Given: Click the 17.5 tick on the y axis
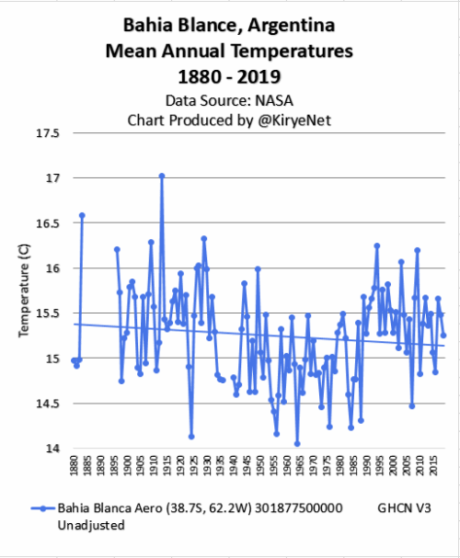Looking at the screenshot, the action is click(x=47, y=133).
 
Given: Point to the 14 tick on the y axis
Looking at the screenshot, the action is click(x=52, y=449).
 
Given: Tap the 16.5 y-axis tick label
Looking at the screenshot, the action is click(x=47, y=223).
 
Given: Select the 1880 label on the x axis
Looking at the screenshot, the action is click(x=74, y=465).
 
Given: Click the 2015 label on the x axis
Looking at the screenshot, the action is click(x=433, y=465).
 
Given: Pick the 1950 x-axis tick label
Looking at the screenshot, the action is click(x=260, y=465).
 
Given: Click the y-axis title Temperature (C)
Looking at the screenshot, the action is click(x=24, y=290).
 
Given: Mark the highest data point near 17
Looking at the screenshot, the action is click(x=162, y=176).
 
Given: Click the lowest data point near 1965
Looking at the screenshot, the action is click(x=297, y=444).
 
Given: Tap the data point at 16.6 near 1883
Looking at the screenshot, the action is click(x=82, y=215).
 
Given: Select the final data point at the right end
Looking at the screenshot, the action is click(x=443, y=336).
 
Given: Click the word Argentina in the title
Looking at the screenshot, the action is click(x=292, y=26).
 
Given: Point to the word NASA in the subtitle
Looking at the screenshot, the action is click(x=274, y=101).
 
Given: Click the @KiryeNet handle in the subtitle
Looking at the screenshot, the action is click(x=294, y=120).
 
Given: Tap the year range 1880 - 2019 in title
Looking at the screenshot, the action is click(x=229, y=76).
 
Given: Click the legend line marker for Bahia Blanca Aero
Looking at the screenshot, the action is click(x=42, y=508).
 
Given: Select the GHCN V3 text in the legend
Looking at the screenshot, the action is click(x=404, y=508).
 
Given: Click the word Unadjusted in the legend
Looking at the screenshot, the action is click(x=91, y=525).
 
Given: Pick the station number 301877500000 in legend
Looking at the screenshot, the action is click(x=299, y=508).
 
